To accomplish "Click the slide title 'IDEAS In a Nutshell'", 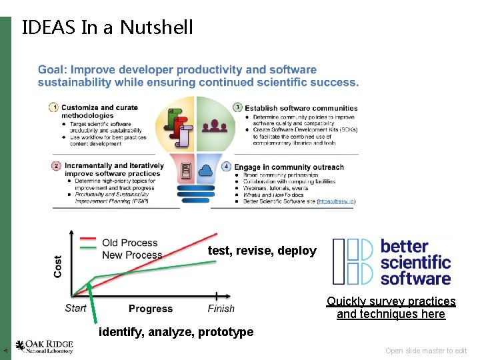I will (x=107, y=27).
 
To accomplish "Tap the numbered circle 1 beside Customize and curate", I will (x=55, y=107).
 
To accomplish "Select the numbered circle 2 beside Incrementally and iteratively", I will (x=56, y=166).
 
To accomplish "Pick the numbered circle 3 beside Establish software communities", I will (x=237, y=107).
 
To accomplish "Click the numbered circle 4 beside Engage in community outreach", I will (x=227, y=166).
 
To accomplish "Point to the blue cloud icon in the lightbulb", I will (x=205, y=169).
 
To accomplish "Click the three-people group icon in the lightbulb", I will (x=215, y=125).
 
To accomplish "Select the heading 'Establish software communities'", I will (x=301, y=108).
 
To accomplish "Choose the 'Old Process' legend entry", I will (x=129, y=243).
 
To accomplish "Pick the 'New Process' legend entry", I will (x=131, y=255).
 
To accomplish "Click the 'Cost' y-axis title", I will (x=58, y=267).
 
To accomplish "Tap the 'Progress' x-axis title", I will (x=150, y=309).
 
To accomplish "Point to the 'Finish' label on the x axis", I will (x=221, y=309).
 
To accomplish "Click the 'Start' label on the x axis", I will (x=75, y=308).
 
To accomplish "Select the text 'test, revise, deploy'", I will (x=262, y=251).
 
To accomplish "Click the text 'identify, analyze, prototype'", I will (x=176, y=332).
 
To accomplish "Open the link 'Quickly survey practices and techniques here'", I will (x=391, y=308).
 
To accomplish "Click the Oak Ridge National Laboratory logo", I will (x=44, y=347).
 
